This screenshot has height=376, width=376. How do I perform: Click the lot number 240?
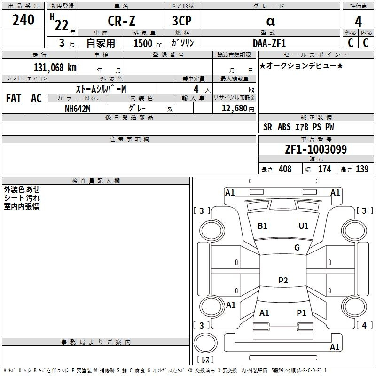[23, 20]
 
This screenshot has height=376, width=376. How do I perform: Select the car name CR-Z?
[122, 21]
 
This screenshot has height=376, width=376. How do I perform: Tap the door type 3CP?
[182, 21]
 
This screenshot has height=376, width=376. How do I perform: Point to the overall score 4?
[358, 22]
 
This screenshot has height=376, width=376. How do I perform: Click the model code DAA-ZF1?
[269, 43]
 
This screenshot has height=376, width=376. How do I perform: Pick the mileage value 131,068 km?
[55, 68]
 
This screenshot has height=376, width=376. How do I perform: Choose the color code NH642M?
[78, 109]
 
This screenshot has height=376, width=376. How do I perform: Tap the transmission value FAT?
[14, 98]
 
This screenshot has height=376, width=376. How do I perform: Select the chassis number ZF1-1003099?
[316, 149]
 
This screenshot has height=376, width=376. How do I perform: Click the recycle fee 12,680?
[234, 109]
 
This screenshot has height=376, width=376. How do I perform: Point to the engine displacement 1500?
[143, 43]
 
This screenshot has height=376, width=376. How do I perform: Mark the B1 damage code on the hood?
[262, 226]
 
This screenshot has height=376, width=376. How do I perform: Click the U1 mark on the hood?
[304, 226]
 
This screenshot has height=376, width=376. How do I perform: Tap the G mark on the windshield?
[297, 248]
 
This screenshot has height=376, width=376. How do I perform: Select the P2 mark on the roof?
[283, 280]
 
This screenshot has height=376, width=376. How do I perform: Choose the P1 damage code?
[301, 313]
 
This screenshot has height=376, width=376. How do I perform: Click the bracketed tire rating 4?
[364, 325]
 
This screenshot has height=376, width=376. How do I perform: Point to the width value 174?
[324, 169]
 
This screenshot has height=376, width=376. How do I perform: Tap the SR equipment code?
[267, 127]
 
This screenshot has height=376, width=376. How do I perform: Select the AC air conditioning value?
[37, 98]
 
